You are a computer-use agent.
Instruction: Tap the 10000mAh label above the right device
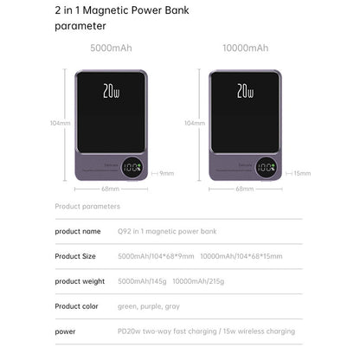coord(245,48)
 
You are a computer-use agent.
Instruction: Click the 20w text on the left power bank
coord(110,89)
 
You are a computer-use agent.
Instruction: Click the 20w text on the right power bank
coord(245,89)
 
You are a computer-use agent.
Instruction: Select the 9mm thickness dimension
coord(167,173)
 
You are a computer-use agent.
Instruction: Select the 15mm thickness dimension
coord(302,173)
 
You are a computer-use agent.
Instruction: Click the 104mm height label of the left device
coord(59,123)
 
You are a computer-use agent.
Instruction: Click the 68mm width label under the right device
coord(245,188)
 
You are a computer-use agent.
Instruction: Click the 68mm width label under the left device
coord(110,188)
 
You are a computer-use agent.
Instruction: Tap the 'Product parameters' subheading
coord(87,206)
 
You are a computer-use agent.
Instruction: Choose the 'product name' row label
coord(78,231)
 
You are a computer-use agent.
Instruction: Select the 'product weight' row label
coord(80,281)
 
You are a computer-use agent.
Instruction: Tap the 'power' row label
coord(65,331)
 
